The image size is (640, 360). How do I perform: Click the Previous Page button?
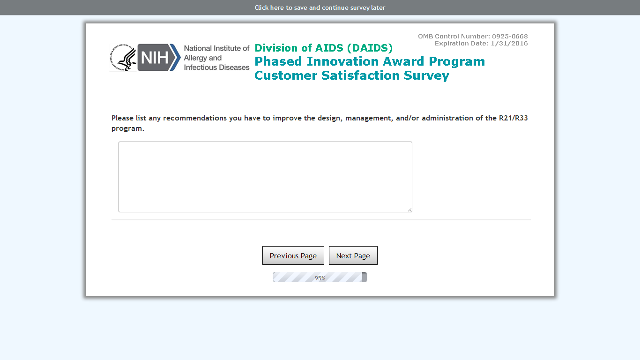(x=293, y=255)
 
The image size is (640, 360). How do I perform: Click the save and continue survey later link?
(x=320, y=7)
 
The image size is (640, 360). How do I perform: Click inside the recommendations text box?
(x=265, y=177)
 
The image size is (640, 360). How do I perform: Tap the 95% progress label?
(x=320, y=278)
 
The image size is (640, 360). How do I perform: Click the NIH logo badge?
(x=159, y=57)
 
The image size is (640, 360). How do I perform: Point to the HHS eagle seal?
(x=123, y=58)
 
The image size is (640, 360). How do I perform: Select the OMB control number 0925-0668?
(x=510, y=36)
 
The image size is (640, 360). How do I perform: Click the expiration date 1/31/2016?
(x=509, y=44)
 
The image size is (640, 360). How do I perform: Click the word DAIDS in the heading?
(x=370, y=48)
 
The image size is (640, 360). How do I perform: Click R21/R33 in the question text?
(x=513, y=118)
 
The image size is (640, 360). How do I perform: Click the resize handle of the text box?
(x=409, y=210)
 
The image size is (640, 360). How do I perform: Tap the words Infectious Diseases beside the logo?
(x=216, y=67)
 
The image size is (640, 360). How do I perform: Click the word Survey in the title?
(x=426, y=76)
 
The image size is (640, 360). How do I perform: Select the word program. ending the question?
(x=128, y=129)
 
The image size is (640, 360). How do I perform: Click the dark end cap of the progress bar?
(x=365, y=277)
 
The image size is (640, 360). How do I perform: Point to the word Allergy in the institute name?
(x=195, y=58)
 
